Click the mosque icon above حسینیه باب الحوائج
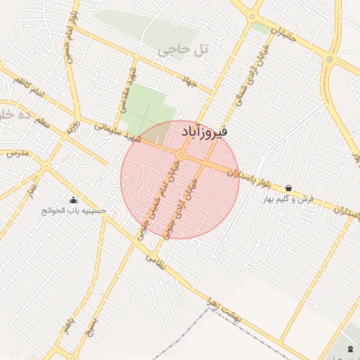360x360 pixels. [73, 200]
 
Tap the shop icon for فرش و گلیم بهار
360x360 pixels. [289, 188]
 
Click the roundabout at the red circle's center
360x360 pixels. [181, 154]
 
